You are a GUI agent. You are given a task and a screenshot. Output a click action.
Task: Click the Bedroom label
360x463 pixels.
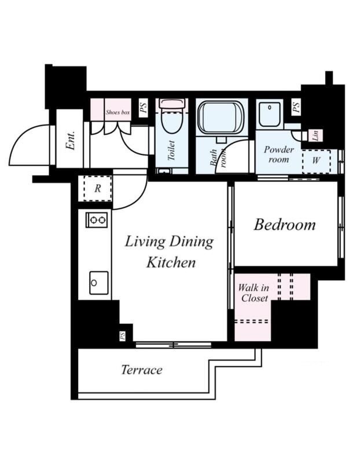(285, 225)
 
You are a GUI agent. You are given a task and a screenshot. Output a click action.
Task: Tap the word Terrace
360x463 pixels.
(142, 370)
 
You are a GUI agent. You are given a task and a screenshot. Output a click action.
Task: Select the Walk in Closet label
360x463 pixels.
(254, 293)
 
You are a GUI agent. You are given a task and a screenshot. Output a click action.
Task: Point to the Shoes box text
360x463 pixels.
(117, 112)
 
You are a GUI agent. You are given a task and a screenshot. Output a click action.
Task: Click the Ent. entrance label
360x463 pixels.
(70, 140)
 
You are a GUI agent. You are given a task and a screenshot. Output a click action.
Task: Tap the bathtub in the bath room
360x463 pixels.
(221, 118)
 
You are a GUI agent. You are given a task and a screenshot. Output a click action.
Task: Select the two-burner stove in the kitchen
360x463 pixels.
(97, 220)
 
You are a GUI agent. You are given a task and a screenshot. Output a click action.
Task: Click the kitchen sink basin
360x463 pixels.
(99, 283)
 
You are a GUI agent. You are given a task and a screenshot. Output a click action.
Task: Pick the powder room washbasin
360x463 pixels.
(270, 114)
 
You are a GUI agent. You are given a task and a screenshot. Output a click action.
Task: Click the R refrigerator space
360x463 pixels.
(97, 189)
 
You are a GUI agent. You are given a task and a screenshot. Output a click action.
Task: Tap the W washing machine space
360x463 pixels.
(316, 161)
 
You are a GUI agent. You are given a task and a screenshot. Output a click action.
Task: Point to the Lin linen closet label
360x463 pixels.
(315, 135)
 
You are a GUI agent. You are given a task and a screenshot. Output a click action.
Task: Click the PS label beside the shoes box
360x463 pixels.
(143, 108)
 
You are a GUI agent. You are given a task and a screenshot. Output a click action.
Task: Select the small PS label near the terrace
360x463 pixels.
(122, 336)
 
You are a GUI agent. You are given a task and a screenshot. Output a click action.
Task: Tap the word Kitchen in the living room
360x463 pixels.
(171, 263)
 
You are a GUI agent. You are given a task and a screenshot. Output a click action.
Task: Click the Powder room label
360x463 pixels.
(278, 155)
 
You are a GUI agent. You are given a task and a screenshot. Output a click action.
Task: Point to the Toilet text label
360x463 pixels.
(171, 150)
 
